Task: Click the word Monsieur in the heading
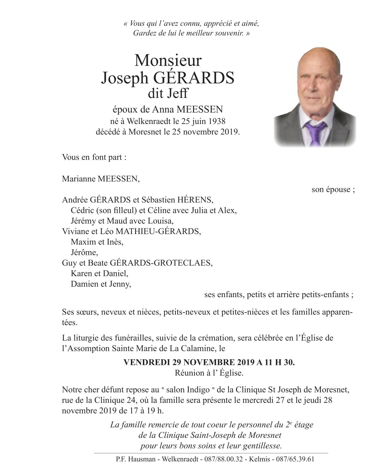click(168, 60)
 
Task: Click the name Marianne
click(79, 179)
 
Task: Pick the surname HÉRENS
click(195, 200)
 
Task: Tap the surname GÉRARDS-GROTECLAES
click(161, 263)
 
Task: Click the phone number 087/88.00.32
click(223, 459)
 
